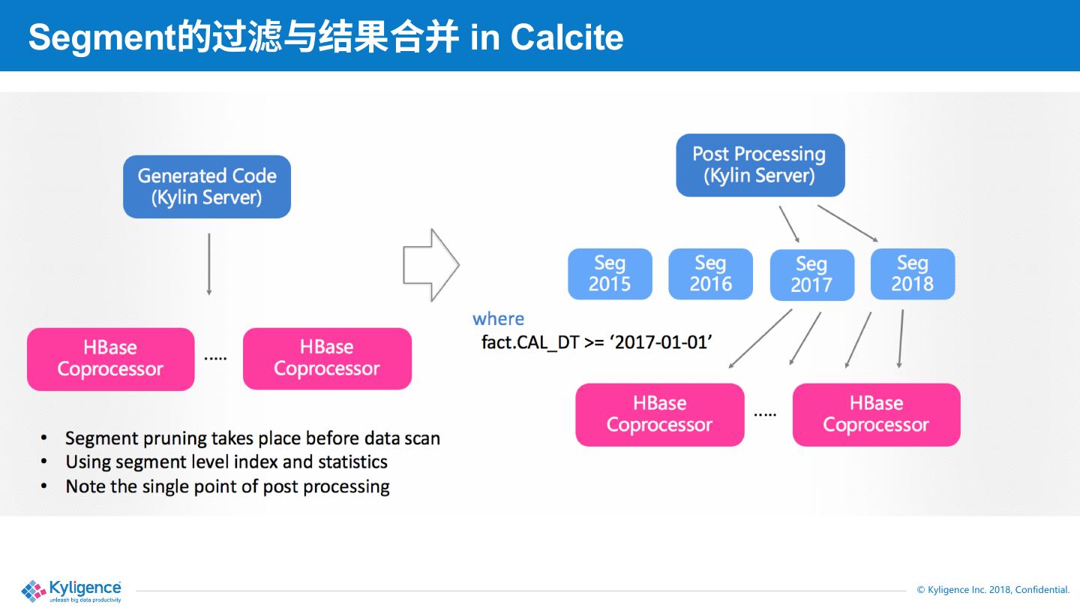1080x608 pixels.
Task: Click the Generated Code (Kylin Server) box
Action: coord(207,187)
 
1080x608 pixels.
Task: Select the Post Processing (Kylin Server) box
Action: coord(760,165)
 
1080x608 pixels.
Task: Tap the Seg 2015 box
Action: coord(610,274)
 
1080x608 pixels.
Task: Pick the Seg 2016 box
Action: coord(710,274)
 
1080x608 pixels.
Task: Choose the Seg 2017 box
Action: coord(811,275)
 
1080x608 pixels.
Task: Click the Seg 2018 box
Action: coord(912,274)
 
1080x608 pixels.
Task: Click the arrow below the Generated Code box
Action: coord(209,263)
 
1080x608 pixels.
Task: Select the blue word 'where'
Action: coord(498,318)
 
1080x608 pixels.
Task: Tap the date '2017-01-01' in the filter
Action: coord(660,342)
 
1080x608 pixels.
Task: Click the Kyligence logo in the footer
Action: coord(72,590)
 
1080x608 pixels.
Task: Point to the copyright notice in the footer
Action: coord(993,590)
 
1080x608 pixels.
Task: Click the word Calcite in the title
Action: coord(567,38)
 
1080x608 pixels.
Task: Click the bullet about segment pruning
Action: coord(252,438)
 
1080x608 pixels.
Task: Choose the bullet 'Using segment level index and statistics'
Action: coord(226,462)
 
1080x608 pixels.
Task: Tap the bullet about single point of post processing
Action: coord(227,486)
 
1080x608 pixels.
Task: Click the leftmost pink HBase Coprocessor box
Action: coord(111,359)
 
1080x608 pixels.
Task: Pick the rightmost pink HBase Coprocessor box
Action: coord(876,414)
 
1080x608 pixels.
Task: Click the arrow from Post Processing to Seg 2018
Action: coord(847,223)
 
